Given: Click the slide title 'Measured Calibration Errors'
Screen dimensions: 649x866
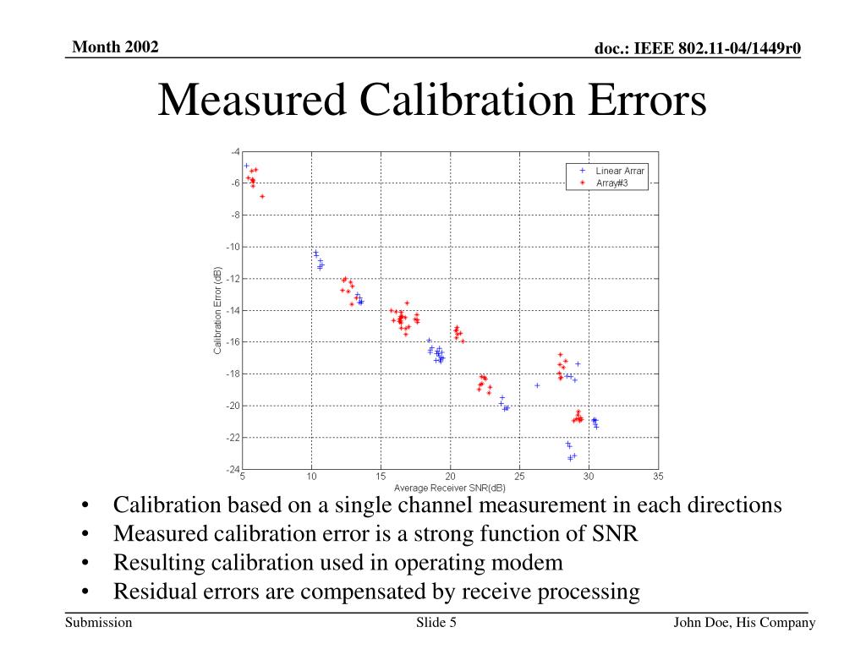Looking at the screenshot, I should pos(432,101).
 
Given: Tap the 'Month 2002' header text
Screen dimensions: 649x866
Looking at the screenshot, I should pos(115,46).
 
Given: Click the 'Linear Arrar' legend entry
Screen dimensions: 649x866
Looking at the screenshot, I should pos(619,171).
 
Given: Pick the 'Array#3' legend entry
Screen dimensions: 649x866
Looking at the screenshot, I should pos(611,183).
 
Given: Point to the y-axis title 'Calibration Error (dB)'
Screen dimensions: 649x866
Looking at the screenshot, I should pos(218,310).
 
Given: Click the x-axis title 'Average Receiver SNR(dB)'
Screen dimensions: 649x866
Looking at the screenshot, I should pos(450,488).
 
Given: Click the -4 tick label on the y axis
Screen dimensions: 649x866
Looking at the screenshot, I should pos(234,151).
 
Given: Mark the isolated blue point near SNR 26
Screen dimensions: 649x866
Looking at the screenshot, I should pos(537,385).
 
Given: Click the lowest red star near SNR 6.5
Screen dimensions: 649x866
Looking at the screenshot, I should pos(262,196).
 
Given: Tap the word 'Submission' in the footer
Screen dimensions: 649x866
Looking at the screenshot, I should pos(99,624).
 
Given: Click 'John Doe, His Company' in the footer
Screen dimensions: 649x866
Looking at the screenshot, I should pos(743,624).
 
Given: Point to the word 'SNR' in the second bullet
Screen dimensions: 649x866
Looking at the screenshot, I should pos(612,534).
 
